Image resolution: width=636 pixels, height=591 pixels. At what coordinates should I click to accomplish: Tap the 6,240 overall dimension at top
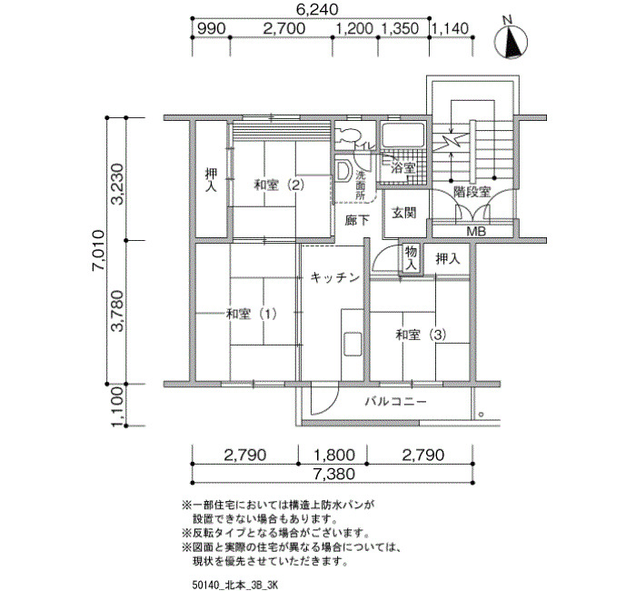pyautogui.click(x=317, y=9)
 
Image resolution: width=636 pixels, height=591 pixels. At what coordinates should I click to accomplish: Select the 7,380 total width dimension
pyautogui.click(x=333, y=474)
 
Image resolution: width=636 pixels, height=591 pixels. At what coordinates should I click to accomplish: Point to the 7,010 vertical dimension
pyautogui.click(x=98, y=251)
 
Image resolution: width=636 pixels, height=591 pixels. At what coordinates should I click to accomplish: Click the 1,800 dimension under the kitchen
pyautogui.click(x=333, y=455)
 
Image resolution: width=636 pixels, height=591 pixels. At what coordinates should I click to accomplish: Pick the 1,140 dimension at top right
pyautogui.click(x=450, y=29)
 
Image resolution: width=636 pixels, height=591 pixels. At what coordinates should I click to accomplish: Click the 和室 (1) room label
pyautogui.click(x=252, y=314)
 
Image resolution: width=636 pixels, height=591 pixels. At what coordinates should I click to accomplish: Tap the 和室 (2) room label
pyautogui.click(x=279, y=185)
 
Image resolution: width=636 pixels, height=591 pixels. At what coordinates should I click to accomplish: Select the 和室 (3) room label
pyautogui.click(x=421, y=335)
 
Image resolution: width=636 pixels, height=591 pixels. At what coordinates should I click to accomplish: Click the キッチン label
pyautogui.click(x=335, y=277)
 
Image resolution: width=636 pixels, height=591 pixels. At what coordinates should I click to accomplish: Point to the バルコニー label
pyautogui.click(x=395, y=402)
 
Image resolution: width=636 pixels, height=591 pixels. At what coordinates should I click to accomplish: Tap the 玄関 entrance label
pyautogui.click(x=404, y=212)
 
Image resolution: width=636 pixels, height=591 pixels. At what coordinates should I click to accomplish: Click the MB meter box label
pyautogui.click(x=476, y=232)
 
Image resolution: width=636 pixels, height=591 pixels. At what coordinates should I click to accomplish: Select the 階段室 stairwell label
pyautogui.click(x=472, y=192)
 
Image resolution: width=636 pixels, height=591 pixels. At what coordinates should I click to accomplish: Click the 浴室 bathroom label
pyautogui.click(x=402, y=167)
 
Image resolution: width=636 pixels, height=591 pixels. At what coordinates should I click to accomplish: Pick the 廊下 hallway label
pyautogui.click(x=357, y=220)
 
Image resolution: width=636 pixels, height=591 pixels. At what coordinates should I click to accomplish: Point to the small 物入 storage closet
pyautogui.click(x=411, y=257)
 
